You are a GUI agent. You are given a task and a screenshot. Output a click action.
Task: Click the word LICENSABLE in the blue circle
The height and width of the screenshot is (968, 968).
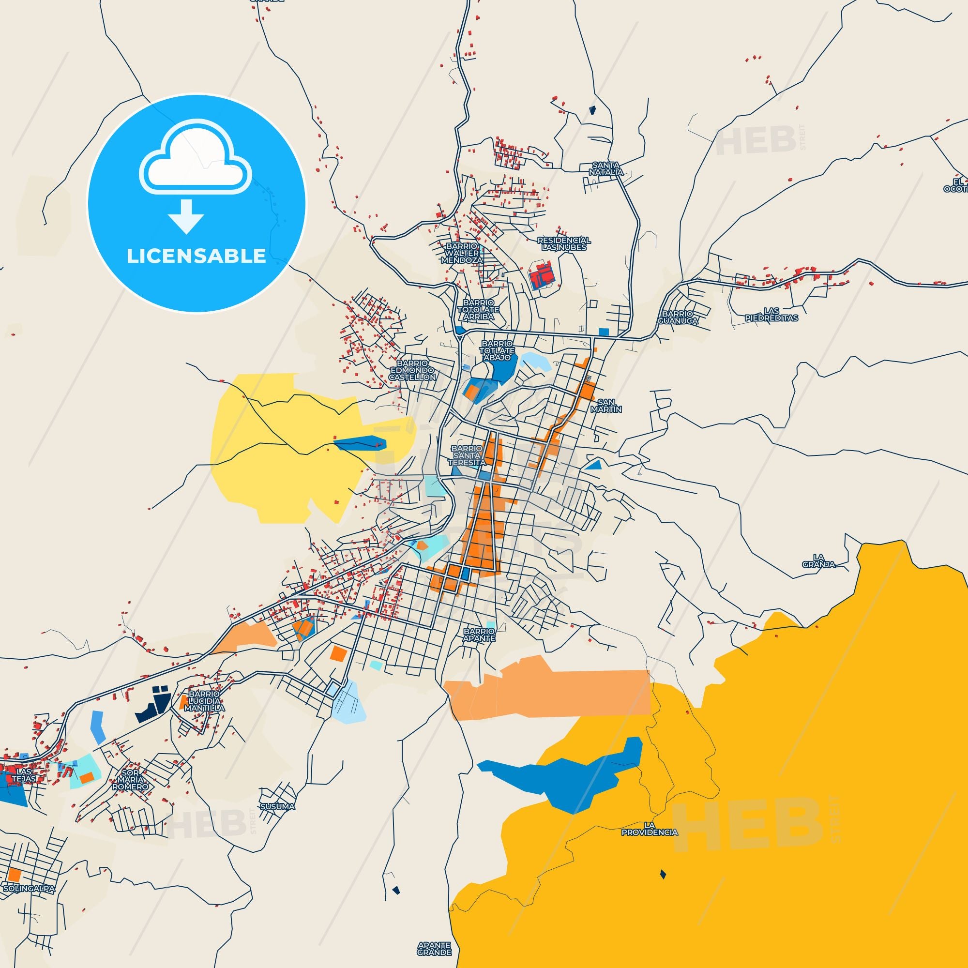tap(196, 256)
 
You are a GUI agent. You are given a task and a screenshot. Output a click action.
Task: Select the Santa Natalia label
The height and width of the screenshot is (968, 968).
tap(606, 168)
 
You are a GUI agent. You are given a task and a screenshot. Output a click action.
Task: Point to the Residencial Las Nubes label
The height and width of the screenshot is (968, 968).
tap(564, 243)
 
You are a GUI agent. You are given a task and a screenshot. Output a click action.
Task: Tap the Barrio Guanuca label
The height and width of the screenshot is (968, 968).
tap(679, 317)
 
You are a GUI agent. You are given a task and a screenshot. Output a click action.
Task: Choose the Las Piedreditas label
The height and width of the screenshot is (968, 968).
tap(771, 314)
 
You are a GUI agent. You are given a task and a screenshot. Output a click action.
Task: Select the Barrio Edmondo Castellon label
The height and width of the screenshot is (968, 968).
tap(413, 370)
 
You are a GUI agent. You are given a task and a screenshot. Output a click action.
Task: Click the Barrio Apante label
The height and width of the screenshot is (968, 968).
tap(479, 635)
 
